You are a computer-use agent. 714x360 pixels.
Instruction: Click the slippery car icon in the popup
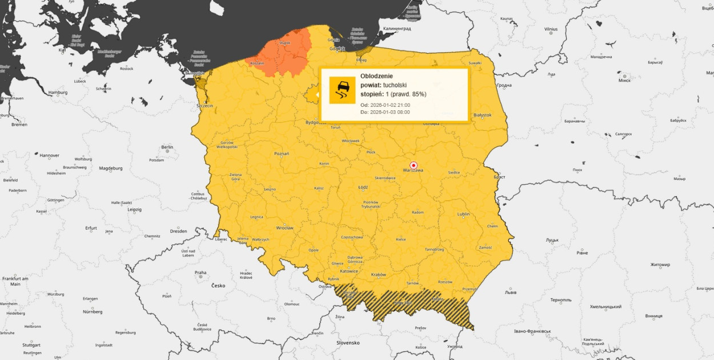coord(342,90)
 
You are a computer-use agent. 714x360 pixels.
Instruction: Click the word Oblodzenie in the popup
coord(376,76)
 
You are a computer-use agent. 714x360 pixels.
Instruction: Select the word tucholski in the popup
coord(395,85)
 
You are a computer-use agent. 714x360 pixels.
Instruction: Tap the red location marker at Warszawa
coord(414,165)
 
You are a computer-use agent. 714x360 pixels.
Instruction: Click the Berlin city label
coord(167,147)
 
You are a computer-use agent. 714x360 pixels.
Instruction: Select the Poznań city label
coord(282,153)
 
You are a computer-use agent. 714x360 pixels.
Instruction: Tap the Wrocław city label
coord(284,228)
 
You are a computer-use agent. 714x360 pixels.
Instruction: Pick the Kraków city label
coord(379,274)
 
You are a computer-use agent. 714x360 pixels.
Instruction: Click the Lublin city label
coord(463,214)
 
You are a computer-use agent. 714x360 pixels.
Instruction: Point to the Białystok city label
coord(483,115)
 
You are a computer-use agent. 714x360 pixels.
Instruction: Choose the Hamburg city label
coord(58,92)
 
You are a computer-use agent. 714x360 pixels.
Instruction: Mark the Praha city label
coord(200,273)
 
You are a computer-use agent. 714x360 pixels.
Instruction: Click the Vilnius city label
coord(551,29)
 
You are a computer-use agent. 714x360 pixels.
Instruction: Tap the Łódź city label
coord(363,187)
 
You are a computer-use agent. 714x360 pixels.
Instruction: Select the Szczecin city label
coord(204,106)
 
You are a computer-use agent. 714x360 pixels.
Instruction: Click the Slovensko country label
coord(347,342)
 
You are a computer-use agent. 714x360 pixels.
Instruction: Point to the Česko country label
coord(218,285)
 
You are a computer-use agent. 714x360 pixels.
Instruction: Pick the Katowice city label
coord(348,271)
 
